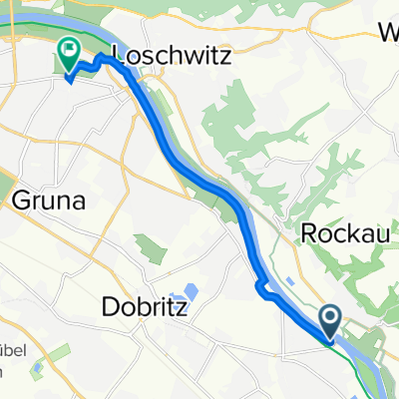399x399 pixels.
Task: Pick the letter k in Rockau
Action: [355, 236]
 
